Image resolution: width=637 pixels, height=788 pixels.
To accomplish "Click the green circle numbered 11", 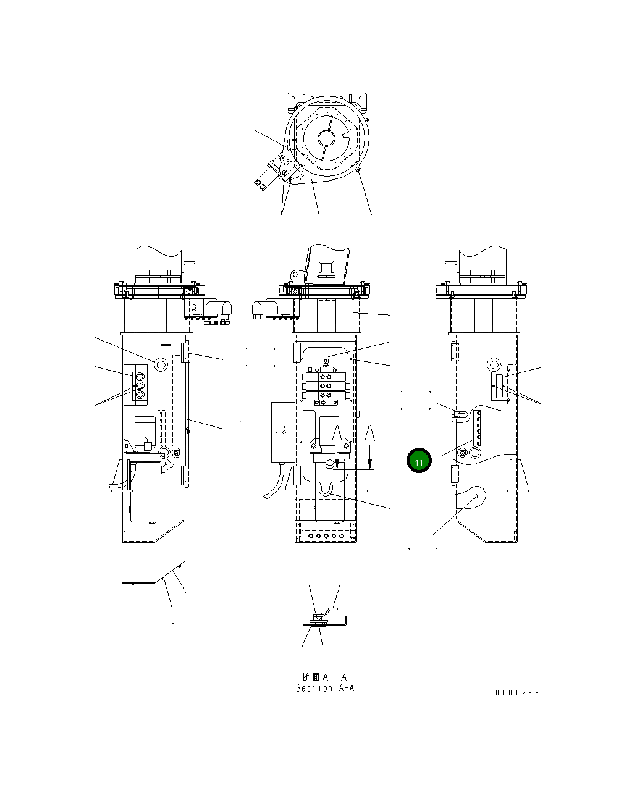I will pos(419,461).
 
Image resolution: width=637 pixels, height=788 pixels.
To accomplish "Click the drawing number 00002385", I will pos(520,692).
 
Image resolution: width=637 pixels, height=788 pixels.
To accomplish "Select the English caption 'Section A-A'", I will pos(325,688).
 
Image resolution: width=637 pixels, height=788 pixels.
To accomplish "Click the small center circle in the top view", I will pos(326,137).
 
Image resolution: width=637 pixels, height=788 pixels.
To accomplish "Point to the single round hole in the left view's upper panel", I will pos(161,364).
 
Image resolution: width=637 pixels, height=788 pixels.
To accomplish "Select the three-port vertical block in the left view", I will pos(140,387).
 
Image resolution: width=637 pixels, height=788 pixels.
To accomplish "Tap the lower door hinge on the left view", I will pos(185,476).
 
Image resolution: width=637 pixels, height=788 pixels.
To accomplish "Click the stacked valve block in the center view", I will pos(326,386).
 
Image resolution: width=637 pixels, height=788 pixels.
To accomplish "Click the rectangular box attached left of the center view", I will pos(283,432).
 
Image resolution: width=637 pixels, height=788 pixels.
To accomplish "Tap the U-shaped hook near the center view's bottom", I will pos(326,490).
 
